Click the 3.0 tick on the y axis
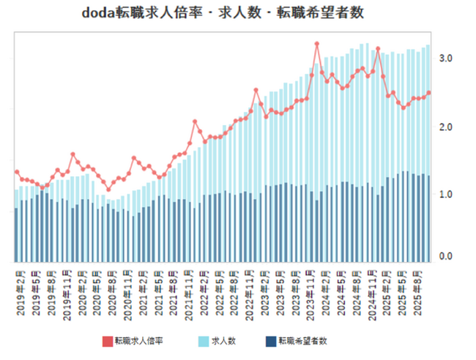point(445,59)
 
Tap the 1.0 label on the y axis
point(445,195)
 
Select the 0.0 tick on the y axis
point(445,257)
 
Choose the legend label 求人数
point(222,341)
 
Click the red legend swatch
point(108,341)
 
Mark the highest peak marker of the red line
point(317,44)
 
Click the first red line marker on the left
point(17,172)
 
